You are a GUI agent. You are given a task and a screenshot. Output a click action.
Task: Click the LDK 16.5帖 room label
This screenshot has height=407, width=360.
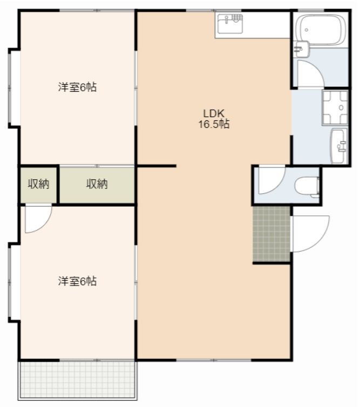coord(214,119)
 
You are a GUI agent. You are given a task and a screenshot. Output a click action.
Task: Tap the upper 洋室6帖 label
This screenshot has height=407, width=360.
coord(77,87)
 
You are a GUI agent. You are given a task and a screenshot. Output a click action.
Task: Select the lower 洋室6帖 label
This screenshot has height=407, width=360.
coord(77,281)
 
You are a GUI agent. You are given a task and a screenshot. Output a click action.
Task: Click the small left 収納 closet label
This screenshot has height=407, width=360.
coord(38,184)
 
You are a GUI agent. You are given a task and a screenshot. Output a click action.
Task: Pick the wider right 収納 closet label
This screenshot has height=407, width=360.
coord(97,184)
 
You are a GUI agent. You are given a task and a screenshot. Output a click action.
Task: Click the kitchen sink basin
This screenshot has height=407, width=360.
coord(230,24)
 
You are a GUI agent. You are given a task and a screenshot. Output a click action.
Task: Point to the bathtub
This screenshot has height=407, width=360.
coord(321,30)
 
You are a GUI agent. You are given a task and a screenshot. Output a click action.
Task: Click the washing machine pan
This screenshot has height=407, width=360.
coord(335,107)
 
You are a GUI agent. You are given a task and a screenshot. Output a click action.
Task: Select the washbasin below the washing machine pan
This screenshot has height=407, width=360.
coord(339,146)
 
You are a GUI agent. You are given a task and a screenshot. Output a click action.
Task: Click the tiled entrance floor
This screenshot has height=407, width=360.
coord(271,234)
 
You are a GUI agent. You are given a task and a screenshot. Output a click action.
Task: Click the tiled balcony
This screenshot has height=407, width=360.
coord(77,379)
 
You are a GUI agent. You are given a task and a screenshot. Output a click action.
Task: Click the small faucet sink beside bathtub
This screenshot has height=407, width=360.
coord(301,49)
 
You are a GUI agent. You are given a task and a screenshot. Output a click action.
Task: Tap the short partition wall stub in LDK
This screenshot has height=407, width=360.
coord(157,166)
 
